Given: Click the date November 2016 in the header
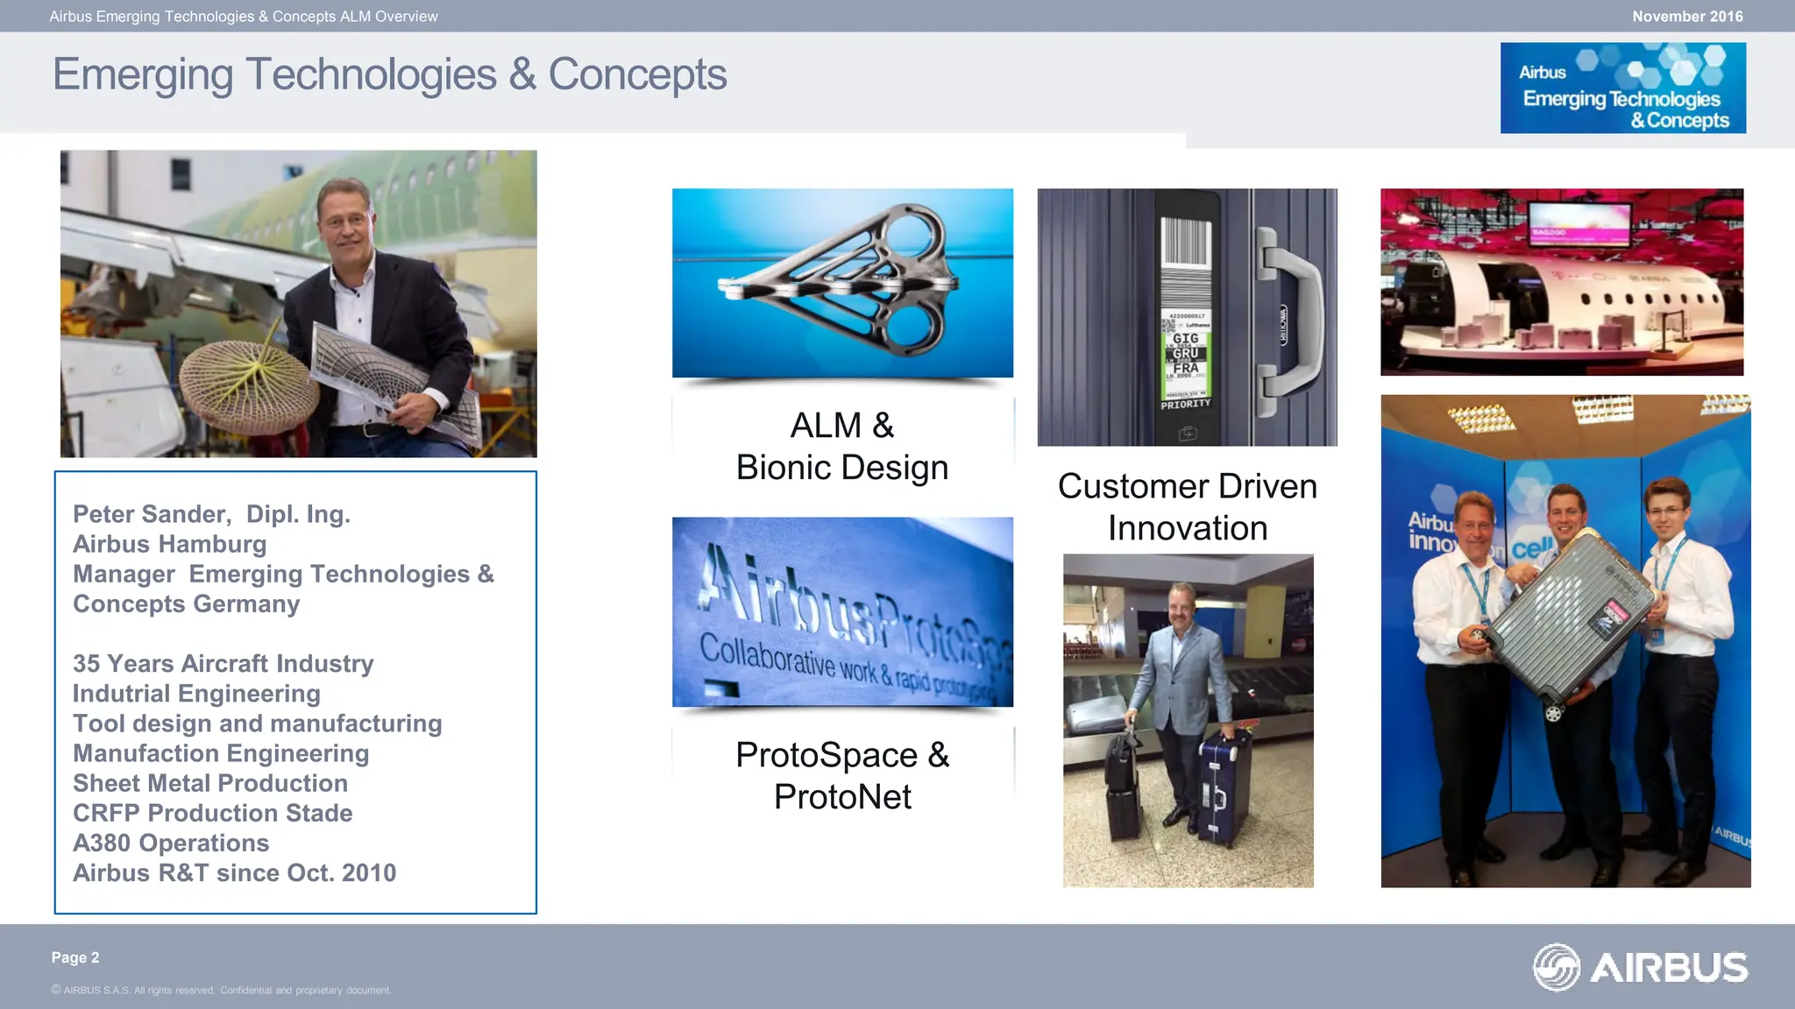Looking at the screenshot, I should (1686, 17).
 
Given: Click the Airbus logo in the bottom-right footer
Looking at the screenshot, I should (1640, 967).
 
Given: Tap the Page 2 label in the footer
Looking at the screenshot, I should (75, 957).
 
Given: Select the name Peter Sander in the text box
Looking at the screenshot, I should (152, 514).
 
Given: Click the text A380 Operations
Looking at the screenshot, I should (171, 843).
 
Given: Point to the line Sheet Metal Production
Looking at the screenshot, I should (210, 783).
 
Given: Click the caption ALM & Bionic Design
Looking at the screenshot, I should (842, 446).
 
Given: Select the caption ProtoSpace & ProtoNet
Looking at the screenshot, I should (842, 775).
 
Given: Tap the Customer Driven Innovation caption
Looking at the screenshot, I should (1187, 506).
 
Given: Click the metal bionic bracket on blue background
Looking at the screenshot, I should (842, 280).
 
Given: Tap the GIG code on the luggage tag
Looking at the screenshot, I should (1186, 338).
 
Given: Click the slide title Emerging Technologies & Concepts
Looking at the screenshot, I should (389, 74).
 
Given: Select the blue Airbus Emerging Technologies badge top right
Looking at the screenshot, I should (1622, 88).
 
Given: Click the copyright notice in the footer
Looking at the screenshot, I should (221, 991).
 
